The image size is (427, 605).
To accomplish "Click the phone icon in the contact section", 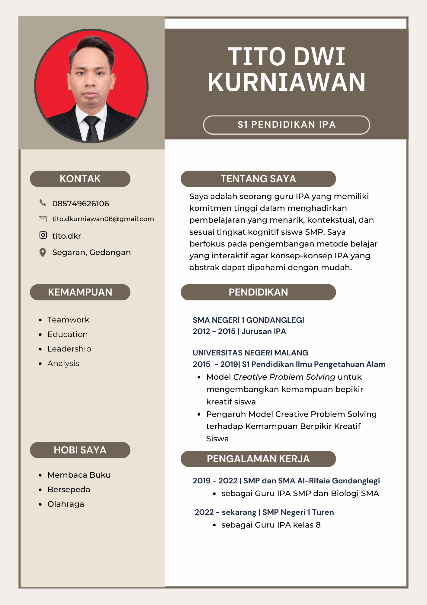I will click(x=43, y=203).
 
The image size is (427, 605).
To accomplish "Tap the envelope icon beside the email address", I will click(x=43, y=219).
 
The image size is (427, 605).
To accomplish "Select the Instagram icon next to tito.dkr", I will click(x=43, y=235).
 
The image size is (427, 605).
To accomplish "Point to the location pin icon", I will click(x=43, y=253).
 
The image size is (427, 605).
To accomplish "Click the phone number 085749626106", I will click(x=81, y=204).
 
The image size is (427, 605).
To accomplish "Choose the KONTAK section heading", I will click(x=80, y=179).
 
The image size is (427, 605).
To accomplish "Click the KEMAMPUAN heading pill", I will click(x=80, y=292).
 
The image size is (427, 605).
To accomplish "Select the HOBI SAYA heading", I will click(x=80, y=450).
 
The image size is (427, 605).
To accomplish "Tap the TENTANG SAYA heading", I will click(x=258, y=179).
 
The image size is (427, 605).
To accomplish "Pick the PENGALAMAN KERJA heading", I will click(x=258, y=459).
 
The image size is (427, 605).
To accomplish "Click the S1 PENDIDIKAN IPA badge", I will click(x=286, y=125).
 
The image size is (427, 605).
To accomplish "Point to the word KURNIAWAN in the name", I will click(x=286, y=82).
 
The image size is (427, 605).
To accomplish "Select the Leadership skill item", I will click(x=69, y=349).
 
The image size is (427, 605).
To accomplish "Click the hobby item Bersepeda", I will click(x=69, y=489).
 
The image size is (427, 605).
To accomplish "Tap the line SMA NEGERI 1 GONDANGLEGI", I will click(x=248, y=320).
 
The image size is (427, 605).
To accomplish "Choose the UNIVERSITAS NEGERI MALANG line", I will click(x=250, y=353).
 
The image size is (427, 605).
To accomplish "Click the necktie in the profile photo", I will click(x=92, y=129).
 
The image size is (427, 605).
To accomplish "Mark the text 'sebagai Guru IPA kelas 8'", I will click(x=271, y=525).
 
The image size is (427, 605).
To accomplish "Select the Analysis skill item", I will click(x=63, y=363).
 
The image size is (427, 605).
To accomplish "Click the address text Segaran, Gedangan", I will click(x=91, y=252).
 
